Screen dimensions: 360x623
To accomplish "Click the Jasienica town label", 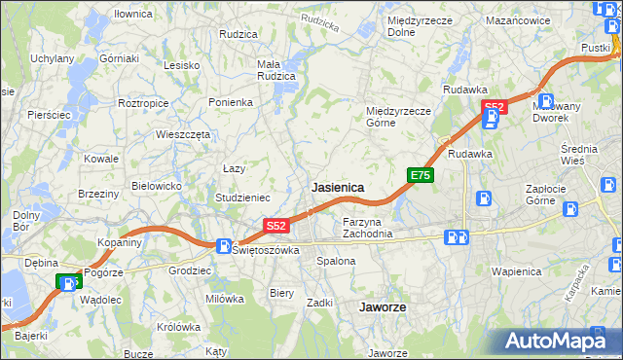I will click(x=338, y=186).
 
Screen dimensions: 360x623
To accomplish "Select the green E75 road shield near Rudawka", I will click(x=421, y=175).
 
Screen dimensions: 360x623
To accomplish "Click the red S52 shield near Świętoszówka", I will click(x=276, y=226).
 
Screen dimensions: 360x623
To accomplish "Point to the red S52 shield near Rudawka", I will click(x=495, y=106).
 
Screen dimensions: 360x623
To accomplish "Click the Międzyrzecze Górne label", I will click(x=398, y=117).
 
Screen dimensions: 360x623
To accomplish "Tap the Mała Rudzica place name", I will click(x=275, y=71).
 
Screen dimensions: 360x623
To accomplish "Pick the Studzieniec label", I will click(x=242, y=197).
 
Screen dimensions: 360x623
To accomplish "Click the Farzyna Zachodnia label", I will click(x=367, y=228).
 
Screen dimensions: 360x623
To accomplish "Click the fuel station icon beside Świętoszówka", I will click(x=224, y=247).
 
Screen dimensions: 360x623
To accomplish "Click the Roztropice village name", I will click(x=143, y=102).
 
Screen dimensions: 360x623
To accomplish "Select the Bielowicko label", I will click(x=157, y=185).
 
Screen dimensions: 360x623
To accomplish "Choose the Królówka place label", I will click(x=175, y=327).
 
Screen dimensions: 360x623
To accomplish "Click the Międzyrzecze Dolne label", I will click(x=416, y=25).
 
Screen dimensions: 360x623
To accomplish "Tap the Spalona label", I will click(x=336, y=261).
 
